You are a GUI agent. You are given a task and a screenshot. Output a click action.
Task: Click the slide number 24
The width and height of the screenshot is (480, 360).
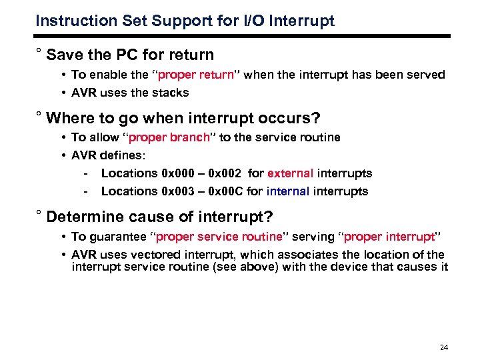pyautogui.click(x=444, y=347)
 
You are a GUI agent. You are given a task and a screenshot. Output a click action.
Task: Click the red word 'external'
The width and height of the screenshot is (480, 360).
pyautogui.click(x=290, y=173)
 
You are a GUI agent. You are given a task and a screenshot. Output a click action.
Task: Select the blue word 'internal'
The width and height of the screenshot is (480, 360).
pyautogui.click(x=288, y=191)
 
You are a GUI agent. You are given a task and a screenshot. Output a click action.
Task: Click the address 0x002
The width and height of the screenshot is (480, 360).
pyautogui.click(x=226, y=173)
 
